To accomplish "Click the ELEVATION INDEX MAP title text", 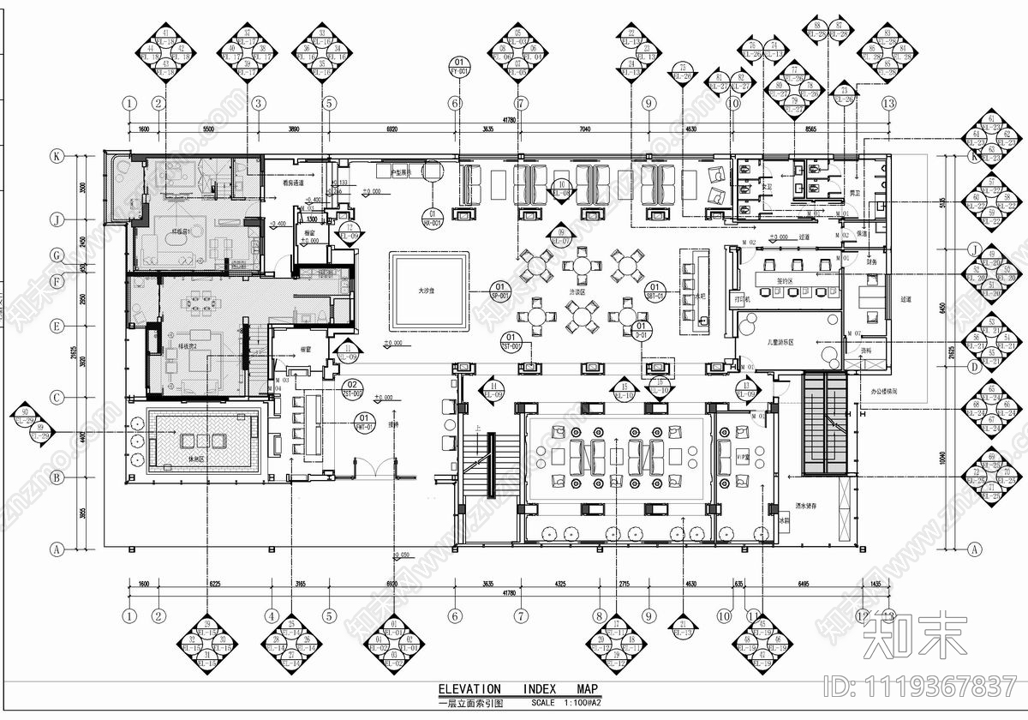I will click(x=517, y=689).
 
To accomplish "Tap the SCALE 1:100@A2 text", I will click(x=566, y=703).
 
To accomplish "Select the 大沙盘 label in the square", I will click(x=427, y=291).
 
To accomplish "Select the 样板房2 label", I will click(x=188, y=347).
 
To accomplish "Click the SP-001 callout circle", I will click(x=499, y=291).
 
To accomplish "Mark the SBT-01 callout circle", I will click(x=655, y=291).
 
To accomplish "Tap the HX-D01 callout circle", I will click(x=432, y=218).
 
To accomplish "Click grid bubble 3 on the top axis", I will click(x=258, y=104).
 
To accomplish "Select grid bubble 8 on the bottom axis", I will click(x=599, y=615).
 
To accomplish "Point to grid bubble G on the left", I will click(x=57, y=255).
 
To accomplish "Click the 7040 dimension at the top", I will click(x=585, y=129).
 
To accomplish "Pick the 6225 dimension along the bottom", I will click(x=214, y=584).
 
